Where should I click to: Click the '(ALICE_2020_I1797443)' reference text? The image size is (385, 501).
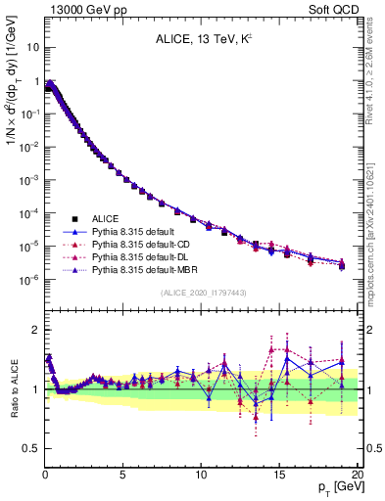tap(201, 293)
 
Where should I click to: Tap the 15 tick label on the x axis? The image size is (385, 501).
tap(278, 475)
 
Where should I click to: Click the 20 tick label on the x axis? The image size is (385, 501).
tap(357, 475)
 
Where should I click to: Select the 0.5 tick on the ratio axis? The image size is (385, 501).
tap(30, 448)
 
